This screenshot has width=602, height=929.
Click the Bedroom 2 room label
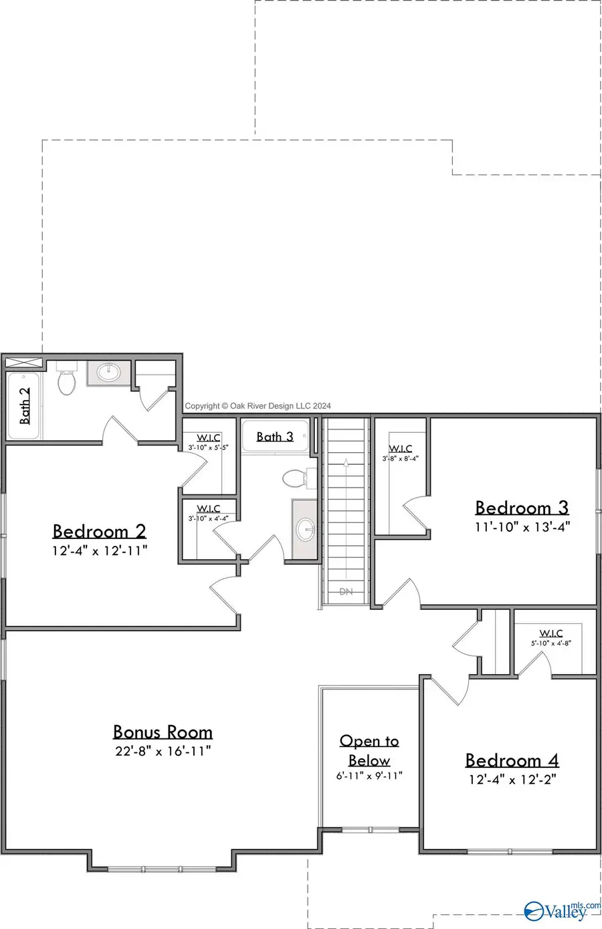point(99,531)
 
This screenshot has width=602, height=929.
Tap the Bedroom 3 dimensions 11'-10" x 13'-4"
point(522,527)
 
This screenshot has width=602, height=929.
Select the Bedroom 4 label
point(512,760)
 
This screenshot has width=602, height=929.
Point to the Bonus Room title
point(163,732)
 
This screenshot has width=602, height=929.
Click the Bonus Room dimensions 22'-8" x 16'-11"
point(163,751)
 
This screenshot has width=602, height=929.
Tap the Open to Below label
point(369,750)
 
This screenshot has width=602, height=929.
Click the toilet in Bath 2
point(66,381)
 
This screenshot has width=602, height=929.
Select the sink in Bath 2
point(109,372)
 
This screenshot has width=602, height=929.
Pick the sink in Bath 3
point(306,529)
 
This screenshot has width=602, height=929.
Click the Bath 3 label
point(275,437)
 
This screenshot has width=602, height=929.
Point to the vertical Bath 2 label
point(25,406)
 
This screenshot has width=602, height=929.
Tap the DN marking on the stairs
point(346,591)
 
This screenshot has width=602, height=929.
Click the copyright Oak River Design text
point(258,405)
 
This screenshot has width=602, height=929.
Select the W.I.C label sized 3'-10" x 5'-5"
point(208,438)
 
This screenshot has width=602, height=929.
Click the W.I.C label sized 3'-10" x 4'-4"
point(208,509)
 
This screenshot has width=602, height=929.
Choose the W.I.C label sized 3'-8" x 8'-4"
point(400,449)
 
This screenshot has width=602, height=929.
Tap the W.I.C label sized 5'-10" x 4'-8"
point(550,633)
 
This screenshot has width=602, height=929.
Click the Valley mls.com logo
point(561,910)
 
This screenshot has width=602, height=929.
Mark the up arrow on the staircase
point(346,462)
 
